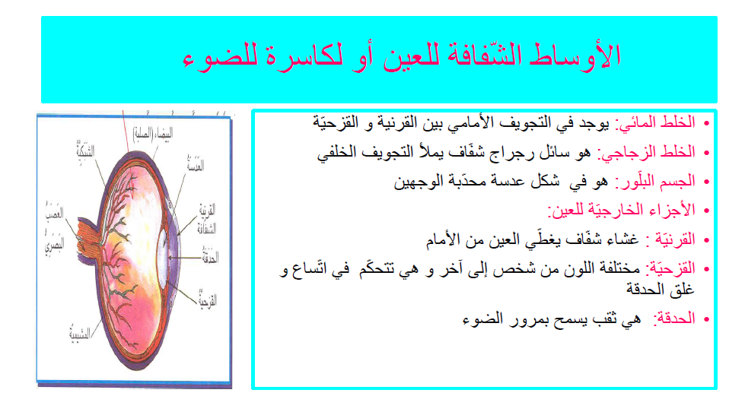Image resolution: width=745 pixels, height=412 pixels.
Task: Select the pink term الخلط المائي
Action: tap(663, 122)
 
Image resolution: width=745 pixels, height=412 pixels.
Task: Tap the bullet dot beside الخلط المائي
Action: tap(706, 123)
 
